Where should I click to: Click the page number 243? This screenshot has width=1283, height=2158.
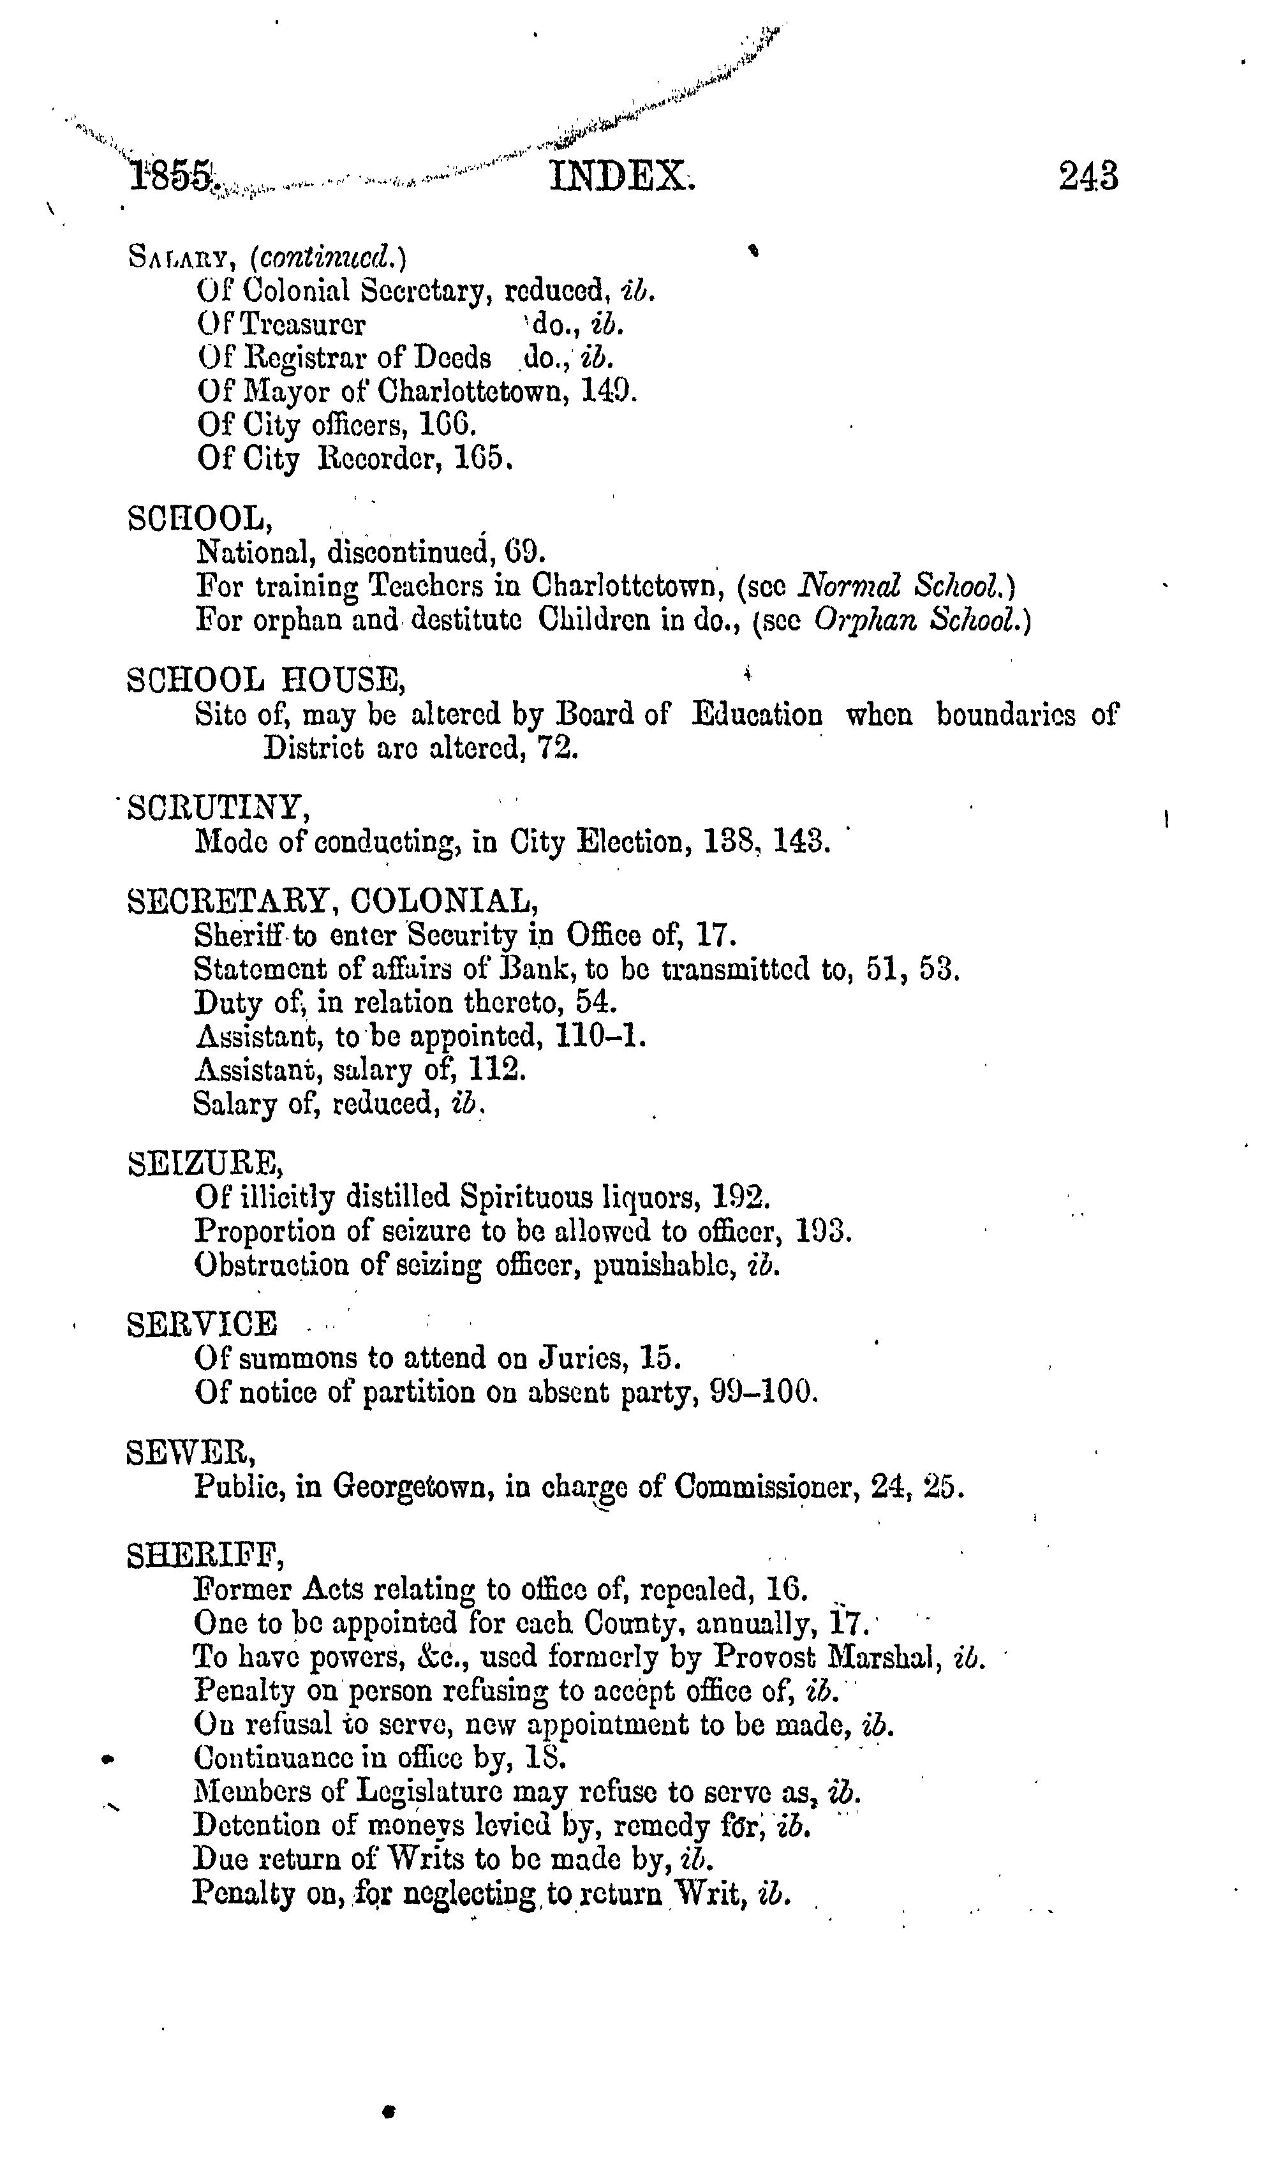(1088, 176)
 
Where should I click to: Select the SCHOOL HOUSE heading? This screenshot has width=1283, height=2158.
(265, 681)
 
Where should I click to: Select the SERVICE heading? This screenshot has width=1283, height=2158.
(202, 1325)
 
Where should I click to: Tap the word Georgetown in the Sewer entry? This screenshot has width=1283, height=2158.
(413, 1487)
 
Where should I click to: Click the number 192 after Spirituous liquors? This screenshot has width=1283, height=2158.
(740, 1198)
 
